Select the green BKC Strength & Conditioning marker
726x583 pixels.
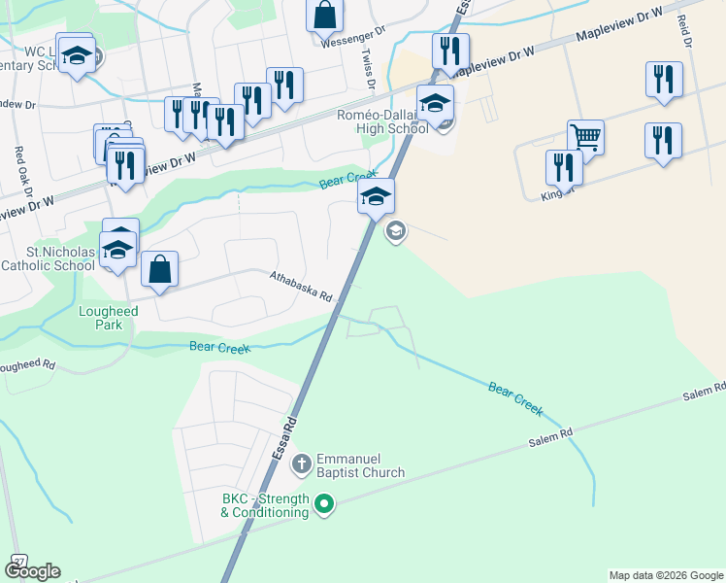tap(324, 503)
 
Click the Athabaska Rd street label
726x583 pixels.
tap(301, 286)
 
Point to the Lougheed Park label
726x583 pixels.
tap(108, 318)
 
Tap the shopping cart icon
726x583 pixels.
tap(585, 137)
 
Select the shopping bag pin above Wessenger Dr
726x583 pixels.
tap(325, 16)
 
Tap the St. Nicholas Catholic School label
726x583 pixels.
tap(48, 259)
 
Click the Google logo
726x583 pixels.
tap(32, 571)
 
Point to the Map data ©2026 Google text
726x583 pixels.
tap(666, 575)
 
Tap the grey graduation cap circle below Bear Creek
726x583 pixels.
tap(395, 231)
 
